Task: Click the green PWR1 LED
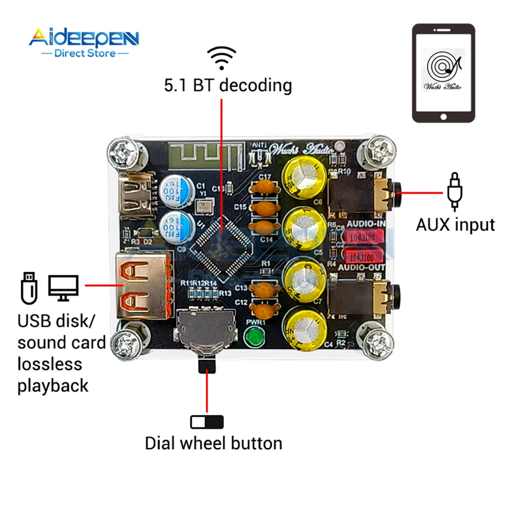pos(252,337)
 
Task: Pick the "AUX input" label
pos(455,225)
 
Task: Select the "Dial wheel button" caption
pos(213,443)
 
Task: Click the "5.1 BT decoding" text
pos(228,85)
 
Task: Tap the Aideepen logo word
pos(84,38)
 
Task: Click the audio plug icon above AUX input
pos(454,191)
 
